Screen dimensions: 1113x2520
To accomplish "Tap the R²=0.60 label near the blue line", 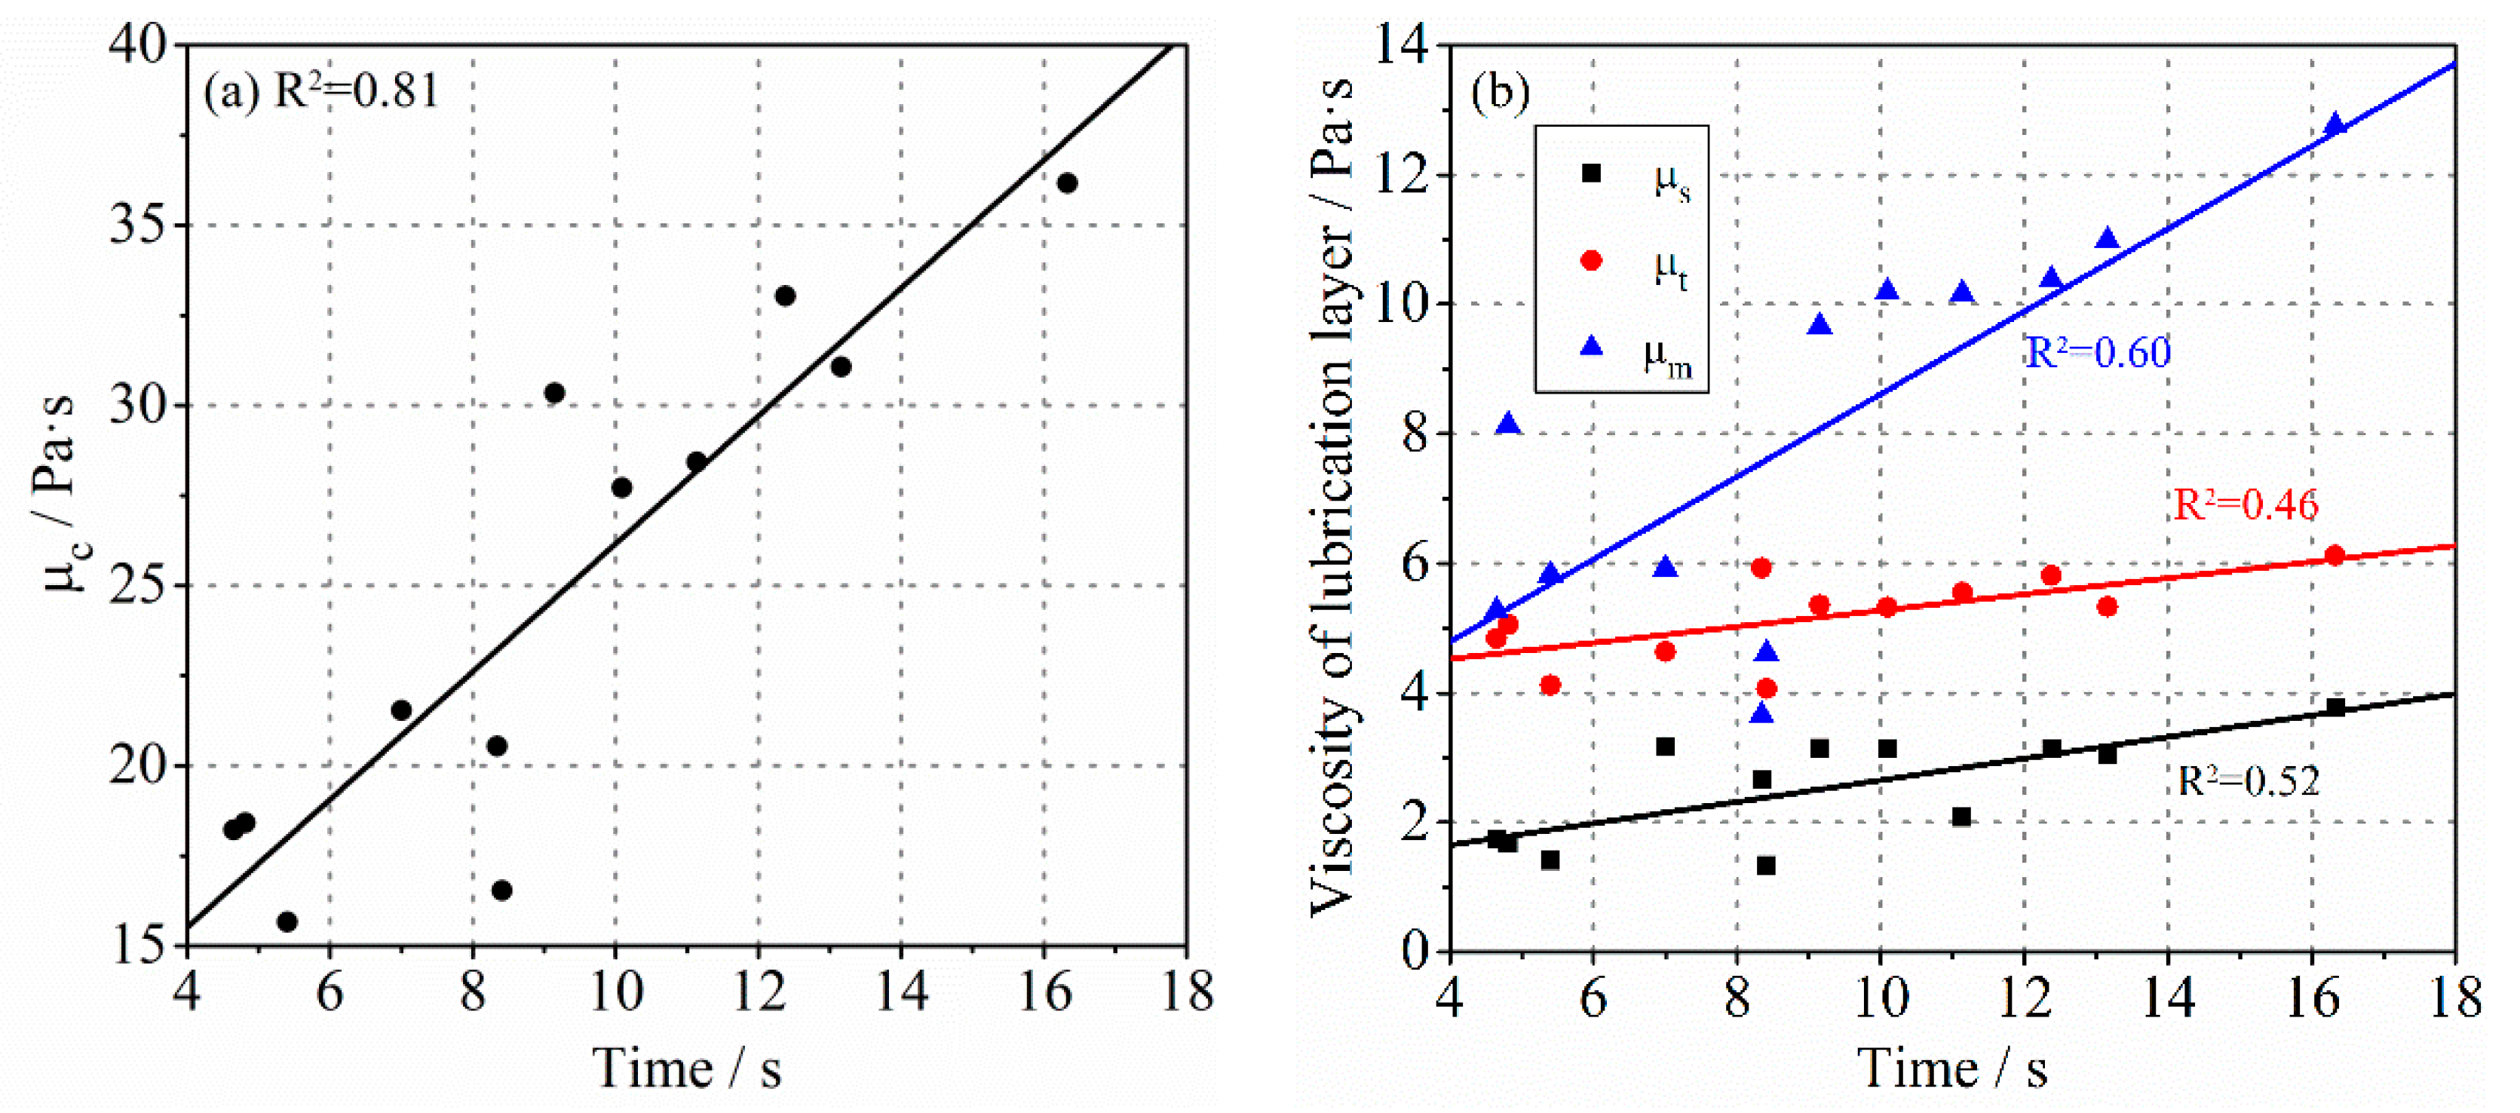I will [x=2095, y=352].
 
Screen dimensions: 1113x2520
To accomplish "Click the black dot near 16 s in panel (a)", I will [x=1067, y=183].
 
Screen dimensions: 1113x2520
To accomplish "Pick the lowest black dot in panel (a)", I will [x=287, y=921].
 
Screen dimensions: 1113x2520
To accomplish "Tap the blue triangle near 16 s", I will [x=2335, y=124].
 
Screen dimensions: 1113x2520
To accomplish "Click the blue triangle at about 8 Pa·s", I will [x=1509, y=425].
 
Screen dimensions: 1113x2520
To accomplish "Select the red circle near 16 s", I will [x=2335, y=556].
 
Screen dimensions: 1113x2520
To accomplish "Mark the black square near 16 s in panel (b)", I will [x=2335, y=707].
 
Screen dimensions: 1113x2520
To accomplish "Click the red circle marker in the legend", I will [x=1592, y=260].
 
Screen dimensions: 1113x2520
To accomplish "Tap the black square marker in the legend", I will [x=1592, y=173].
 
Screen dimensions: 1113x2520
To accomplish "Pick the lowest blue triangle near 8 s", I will [x=1762, y=714].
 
